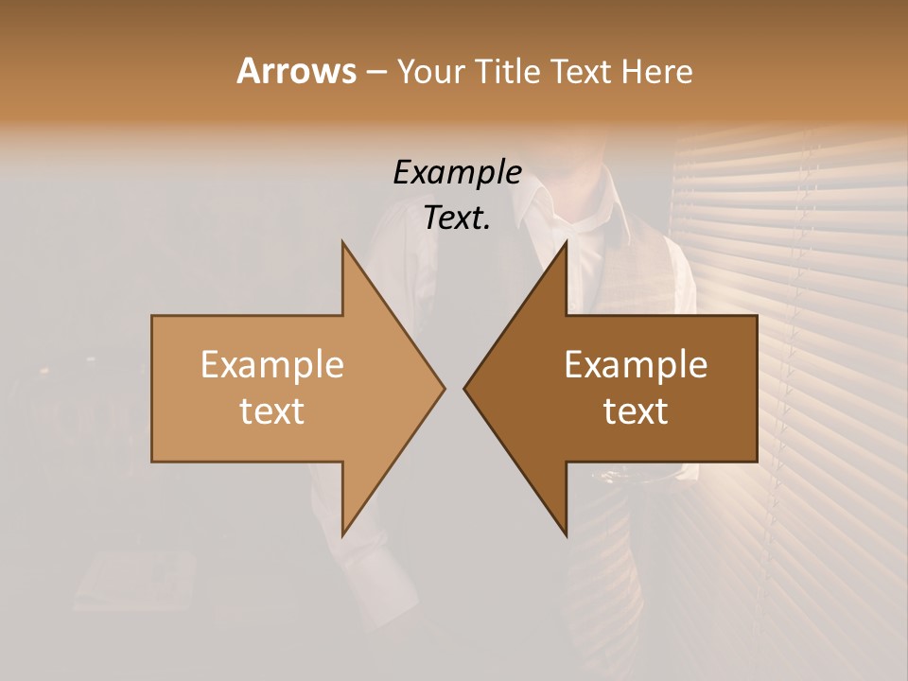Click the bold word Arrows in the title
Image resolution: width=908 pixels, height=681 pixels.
tap(295, 71)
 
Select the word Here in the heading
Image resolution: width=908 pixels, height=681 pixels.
tap(656, 71)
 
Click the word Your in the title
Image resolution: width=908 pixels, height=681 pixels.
tap(428, 71)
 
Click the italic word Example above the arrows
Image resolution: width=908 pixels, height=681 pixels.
tap(457, 172)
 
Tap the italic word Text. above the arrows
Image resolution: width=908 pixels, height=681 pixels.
tap(457, 218)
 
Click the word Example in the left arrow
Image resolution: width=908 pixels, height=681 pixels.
tap(271, 364)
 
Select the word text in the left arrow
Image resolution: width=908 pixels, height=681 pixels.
tap(271, 411)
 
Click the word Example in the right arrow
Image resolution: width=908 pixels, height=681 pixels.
tap(636, 364)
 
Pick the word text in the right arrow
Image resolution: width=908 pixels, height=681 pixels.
tap(636, 411)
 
